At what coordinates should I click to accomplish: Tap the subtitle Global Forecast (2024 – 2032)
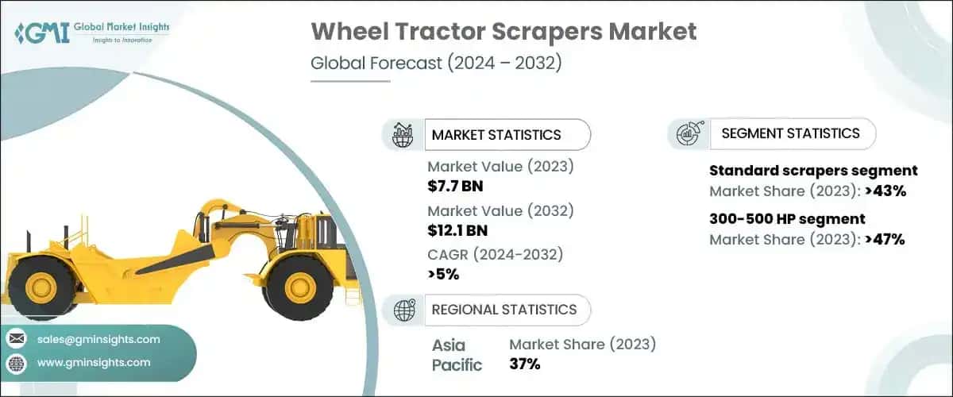coord(436,64)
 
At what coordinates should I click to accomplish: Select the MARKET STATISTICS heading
coord(496,135)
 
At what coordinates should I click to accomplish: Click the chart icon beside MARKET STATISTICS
coord(402,135)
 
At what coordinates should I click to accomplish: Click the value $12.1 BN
coord(458,230)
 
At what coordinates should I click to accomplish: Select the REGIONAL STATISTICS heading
coord(504,309)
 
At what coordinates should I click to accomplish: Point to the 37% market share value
coord(524,364)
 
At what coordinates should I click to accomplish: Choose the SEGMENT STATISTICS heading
coord(790,133)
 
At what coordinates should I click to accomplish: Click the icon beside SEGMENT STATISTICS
coord(688,134)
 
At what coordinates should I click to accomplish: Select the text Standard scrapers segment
coord(813,171)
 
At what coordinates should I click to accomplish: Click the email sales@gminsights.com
coord(98,339)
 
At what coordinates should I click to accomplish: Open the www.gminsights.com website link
coord(93,363)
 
